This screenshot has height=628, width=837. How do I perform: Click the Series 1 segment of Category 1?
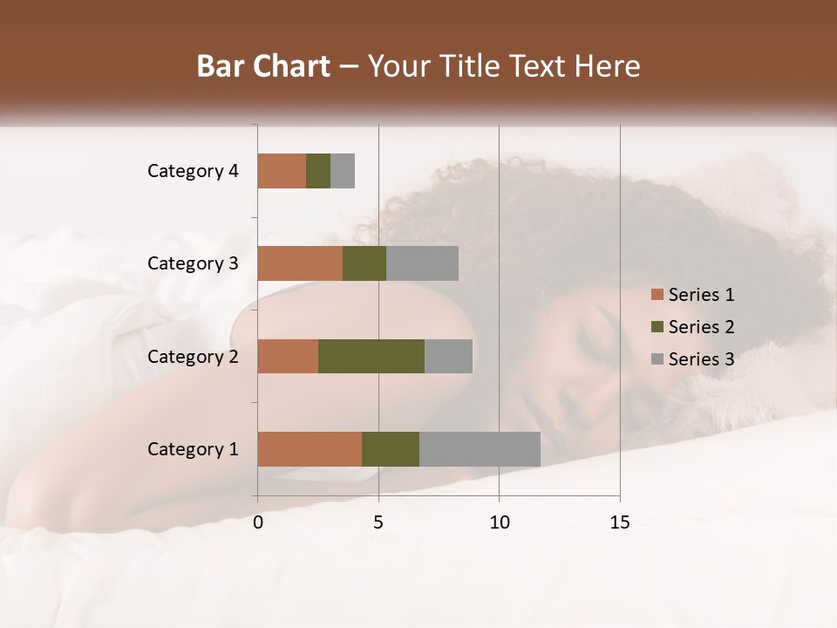pyautogui.click(x=310, y=448)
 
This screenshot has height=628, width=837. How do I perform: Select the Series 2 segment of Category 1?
pyautogui.click(x=391, y=448)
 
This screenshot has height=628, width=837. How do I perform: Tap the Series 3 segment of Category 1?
pyautogui.click(x=480, y=448)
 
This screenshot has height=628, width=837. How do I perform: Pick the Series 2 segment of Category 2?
pyautogui.click(x=371, y=356)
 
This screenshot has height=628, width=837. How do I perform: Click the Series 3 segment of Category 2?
pyautogui.click(x=448, y=356)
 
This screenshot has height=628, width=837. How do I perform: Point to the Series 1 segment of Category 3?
pyautogui.click(x=300, y=263)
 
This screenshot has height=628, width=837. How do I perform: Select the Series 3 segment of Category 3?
pyautogui.click(x=422, y=263)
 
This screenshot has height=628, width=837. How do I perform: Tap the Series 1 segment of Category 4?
pyautogui.click(x=282, y=171)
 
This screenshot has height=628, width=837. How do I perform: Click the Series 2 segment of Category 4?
pyautogui.click(x=318, y=171)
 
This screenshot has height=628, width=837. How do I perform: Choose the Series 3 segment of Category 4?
pyautogui.click(x=343, y=171)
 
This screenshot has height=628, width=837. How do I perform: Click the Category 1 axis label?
pyautogui.click(x=193, y=449)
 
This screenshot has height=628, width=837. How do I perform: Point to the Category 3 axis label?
pyautogui.click(x=193, y=263)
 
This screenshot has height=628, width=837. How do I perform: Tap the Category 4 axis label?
pyautogui.click(x=193, y=171)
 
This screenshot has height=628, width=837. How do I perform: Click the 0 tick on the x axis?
pyautogui.click(x=258, y=522)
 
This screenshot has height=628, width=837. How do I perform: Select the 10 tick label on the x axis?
pyautogui.click(x=499, y=522)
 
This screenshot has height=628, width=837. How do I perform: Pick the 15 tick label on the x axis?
pyautogui.click(x=620, y=522)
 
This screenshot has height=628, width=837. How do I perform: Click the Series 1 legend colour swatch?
pyautogui.click(x=657, y=295)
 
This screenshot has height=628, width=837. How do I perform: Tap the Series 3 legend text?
pyautogui.click(x=701, y=359)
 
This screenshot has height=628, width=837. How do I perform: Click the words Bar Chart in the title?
pyautogui.click(x=263, y=66)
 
